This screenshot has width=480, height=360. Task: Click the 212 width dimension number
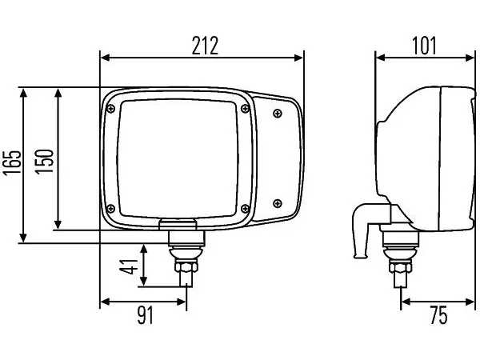[205, 46]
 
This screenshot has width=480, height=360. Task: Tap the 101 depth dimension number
[424, 46]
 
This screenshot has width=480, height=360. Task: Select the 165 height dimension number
[12, 163]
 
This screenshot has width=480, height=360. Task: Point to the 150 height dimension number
[44, 162]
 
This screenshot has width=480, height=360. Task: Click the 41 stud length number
[129, 266]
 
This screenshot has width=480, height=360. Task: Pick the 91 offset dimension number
[145, 315]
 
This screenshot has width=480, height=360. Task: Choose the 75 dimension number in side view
[438, 315]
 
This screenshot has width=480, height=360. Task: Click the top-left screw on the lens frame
[110, 108]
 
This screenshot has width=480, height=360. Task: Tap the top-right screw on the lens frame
[245, 108]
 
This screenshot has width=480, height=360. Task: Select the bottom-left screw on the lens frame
[110, 209]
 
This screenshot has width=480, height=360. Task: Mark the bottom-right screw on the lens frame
[245, 209]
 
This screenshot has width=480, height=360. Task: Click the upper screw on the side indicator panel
[278, 114]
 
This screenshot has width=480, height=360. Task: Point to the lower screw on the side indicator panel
[278, 203]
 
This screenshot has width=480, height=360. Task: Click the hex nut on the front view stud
[186, 266]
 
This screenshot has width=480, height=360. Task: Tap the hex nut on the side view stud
[401, 266]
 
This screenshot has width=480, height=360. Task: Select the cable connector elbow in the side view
[364, 226]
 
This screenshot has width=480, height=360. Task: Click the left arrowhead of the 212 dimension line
[105, 58]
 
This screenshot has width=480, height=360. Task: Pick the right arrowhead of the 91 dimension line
[182, 302]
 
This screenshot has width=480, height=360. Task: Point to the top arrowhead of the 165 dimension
[23, 92]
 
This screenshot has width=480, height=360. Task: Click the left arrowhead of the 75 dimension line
[406, 302]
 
